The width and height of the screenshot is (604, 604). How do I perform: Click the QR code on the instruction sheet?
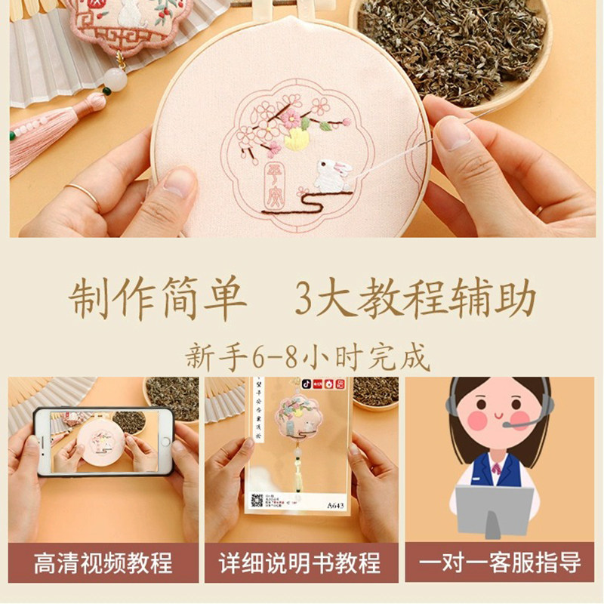pyautogui.click(x=256, y=501)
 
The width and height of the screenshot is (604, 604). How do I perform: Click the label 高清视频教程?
pyautogui.click(x=103, y=563)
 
